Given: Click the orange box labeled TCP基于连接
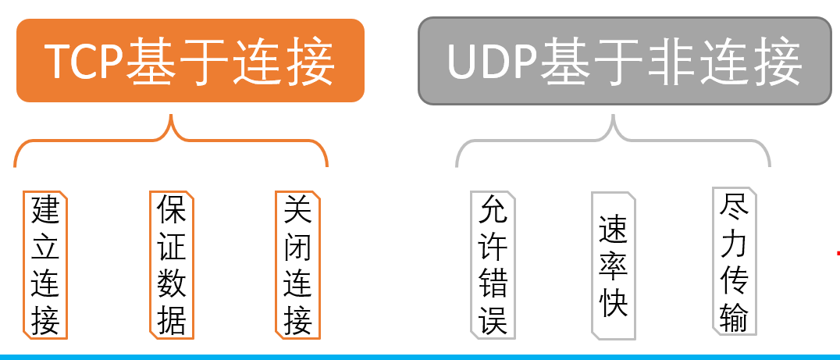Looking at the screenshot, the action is (x=190, y=61).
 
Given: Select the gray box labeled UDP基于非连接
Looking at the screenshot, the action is (x=625, y=61).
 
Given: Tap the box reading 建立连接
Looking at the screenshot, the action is (x=45, y=265).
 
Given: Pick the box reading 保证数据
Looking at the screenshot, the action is (x=171, y=265).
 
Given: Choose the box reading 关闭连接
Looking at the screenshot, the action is (x=297, y=265).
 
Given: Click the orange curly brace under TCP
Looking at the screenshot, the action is (x=171, y=141).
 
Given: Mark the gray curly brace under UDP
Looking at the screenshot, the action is (x=614, y=141).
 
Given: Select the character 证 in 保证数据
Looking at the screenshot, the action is (x=171, y=247).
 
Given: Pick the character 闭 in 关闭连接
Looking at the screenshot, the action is (x=297, y=247).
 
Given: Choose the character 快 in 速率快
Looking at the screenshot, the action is (x=614, y=304).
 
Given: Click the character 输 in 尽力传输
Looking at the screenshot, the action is (x=735, y=316).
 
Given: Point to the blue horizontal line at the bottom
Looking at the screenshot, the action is (x=420, y=357).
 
